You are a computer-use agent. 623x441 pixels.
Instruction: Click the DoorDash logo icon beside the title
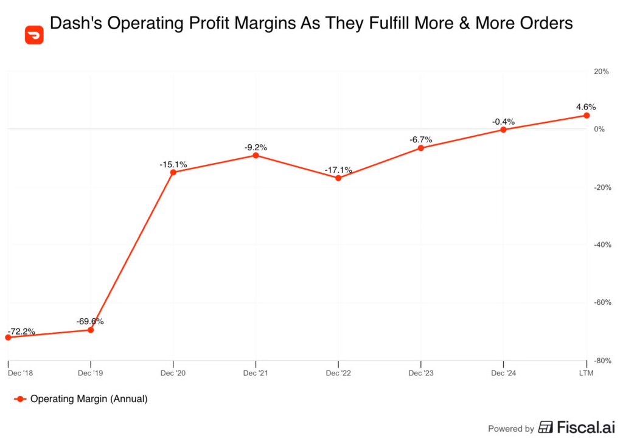click(x=35, y=35)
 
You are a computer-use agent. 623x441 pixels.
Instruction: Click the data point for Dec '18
click(x=8, y=337)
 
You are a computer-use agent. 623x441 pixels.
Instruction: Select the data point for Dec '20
click(x=173, y=172)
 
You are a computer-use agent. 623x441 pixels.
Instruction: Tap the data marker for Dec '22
click(x=338, y=178)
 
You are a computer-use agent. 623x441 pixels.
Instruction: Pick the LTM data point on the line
click(x=586, y=115)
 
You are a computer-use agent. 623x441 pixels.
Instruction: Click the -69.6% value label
click(x=90, y=321)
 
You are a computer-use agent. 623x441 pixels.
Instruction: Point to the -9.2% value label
click(x=256, y=147)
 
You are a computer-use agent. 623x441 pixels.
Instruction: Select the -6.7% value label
click(x=421, y=139)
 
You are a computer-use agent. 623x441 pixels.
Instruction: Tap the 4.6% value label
click(x=586, y=107)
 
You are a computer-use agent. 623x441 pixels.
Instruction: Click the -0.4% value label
click(x=503, y=122)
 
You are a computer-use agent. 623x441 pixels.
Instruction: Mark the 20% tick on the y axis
click(x=601, y=71)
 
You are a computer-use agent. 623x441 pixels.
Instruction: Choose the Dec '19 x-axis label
click(x=91, y=372)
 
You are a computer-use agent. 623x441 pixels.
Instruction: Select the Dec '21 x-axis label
click(x=256, y=372)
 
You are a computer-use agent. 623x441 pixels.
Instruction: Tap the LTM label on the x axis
click(x=586, y=372)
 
